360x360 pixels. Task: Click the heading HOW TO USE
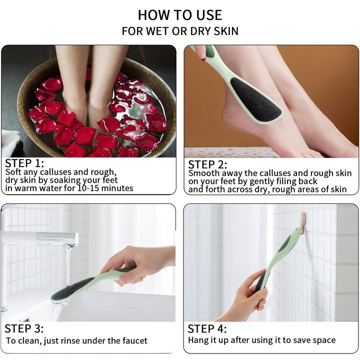(x=180, y=15)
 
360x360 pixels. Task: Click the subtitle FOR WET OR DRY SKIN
(x=180, y=31)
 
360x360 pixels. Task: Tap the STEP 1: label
(x=24, y=163)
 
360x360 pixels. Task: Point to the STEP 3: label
(x=24, y=328)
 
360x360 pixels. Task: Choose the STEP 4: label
(x=207, y=328)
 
